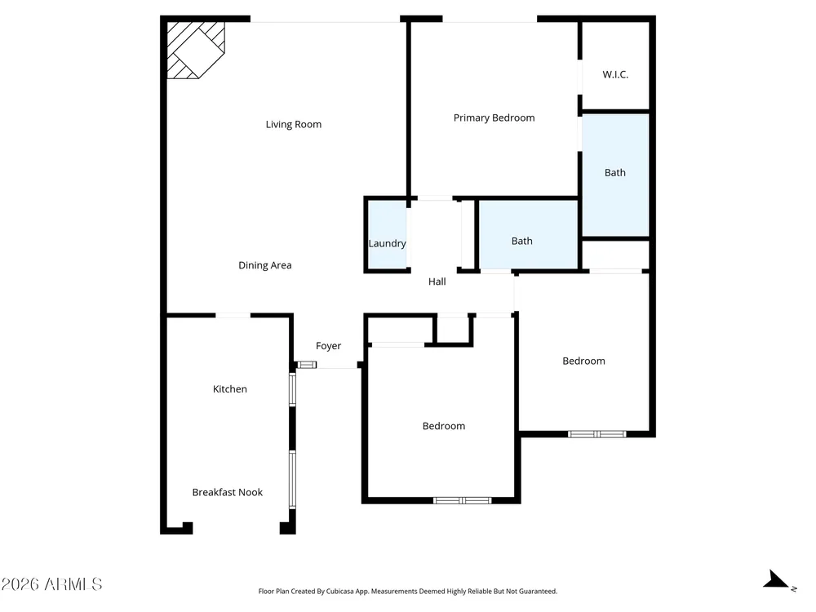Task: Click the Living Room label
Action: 294,124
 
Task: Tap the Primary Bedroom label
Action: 494,118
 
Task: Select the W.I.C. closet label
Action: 615,74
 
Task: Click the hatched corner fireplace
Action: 196,50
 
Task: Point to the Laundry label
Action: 387,243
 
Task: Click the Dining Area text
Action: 265,265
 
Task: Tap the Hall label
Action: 437,282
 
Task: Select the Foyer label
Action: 328,346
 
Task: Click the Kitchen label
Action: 229,389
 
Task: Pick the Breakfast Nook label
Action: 228,492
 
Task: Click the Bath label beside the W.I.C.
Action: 615,173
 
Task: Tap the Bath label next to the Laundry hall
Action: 522,241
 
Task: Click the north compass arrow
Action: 778,579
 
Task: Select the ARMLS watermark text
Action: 51,584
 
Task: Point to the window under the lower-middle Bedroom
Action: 462,501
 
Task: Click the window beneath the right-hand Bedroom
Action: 597,434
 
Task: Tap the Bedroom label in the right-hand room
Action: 584,361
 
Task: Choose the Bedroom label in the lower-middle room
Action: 444,426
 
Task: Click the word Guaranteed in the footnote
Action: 539,591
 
